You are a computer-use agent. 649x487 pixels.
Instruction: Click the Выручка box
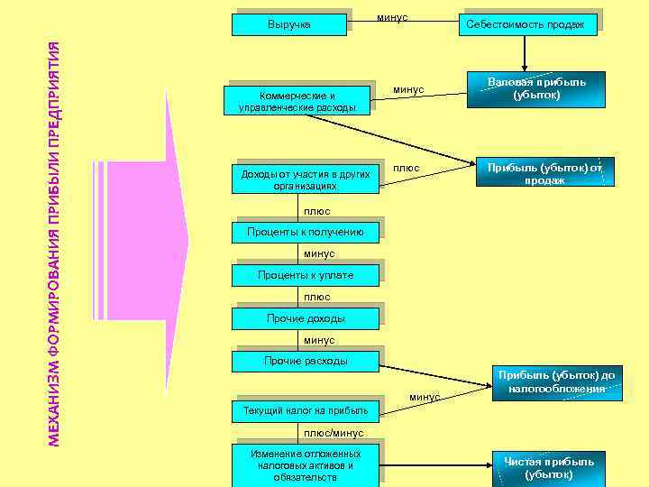pos(288,24)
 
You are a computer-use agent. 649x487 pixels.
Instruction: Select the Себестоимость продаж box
pos(525,24)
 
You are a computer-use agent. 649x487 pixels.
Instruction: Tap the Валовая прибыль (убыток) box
pos(536,88)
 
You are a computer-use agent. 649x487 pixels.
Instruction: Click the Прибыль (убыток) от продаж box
pos(544,173)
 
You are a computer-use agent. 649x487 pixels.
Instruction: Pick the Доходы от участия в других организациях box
pos(305,179)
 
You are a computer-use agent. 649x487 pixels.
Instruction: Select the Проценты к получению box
pos(306,233)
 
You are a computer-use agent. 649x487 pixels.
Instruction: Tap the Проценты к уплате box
pos(305,275)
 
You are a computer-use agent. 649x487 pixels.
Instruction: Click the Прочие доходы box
pos(305,318)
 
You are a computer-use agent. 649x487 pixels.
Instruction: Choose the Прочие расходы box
pos(305,361)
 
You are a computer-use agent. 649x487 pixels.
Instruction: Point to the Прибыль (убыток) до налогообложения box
pos(556,381)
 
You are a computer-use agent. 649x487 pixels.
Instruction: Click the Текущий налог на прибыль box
pos(305,411)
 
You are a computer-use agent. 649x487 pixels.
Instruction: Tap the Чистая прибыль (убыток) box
pos(548,467)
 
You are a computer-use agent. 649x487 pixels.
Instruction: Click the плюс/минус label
pos(333,433)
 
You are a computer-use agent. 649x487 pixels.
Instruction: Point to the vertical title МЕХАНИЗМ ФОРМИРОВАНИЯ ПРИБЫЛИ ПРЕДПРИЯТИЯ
pos(54,243)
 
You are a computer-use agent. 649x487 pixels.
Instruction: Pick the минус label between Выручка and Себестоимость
pos(392,17)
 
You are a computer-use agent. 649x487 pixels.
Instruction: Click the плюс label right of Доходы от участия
pos(407,168)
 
